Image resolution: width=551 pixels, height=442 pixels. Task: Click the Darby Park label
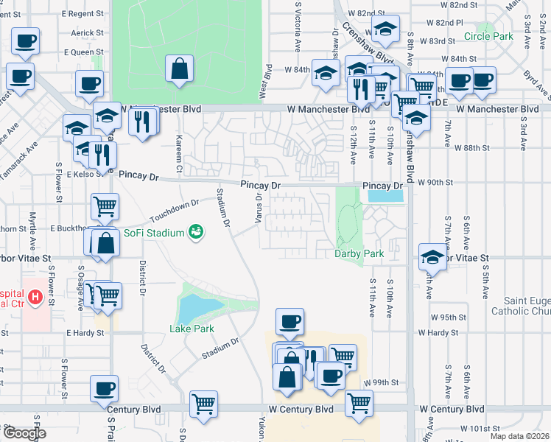[x=359, y=253]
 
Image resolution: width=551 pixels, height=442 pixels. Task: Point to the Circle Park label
[x=488, y=36]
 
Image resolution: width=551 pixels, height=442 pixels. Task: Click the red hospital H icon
[x=34, y=298]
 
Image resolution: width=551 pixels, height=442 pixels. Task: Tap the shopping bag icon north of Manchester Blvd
[x=179, y=69]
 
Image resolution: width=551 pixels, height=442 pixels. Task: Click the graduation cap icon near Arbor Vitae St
[x=432, y=256]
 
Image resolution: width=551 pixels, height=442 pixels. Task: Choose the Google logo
[x=24, y=433]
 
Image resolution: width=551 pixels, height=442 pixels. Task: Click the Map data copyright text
[x=519, y=436]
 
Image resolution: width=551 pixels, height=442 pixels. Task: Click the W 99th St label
[x=382, y=383]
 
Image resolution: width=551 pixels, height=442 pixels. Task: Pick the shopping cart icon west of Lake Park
[x=108, y=295]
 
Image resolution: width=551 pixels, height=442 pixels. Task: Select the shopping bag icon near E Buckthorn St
[x=105, y=243]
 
